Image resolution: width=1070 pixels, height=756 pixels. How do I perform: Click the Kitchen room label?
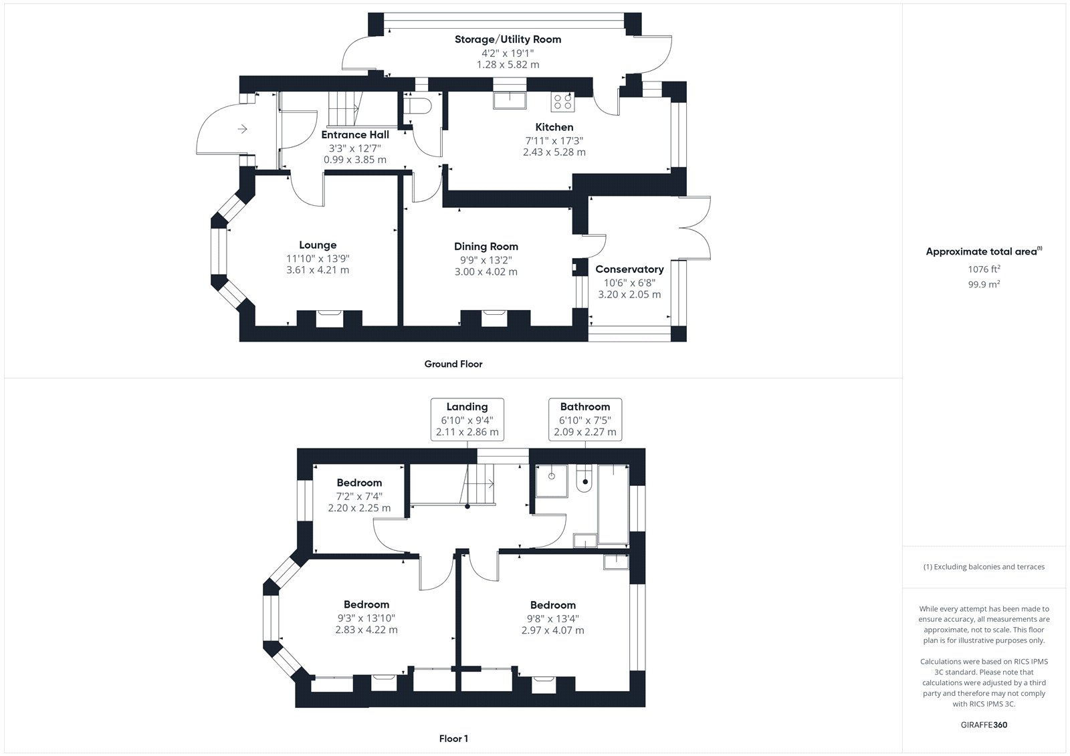[554, 127]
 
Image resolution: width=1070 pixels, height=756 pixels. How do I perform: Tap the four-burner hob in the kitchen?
[562, 102]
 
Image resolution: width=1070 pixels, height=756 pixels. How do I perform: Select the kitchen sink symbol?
[510, 100]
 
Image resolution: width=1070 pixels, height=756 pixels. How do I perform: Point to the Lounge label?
[318, 245]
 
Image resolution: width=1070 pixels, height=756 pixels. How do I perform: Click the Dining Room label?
[486, 247]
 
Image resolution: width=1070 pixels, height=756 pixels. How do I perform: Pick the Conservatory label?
[629, 269]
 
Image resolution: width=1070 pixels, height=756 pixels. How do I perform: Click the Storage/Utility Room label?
[508, 39]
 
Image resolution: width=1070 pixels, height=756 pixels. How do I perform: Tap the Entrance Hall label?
[355, 134]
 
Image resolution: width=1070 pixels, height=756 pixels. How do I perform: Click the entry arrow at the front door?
[242, 129]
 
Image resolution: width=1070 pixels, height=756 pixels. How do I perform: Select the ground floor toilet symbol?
[417, 106]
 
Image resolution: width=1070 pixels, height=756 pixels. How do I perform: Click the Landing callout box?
[467, 419]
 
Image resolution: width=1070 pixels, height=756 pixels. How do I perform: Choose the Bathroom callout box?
[585, 419]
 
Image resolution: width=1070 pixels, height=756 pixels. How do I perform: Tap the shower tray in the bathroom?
[551, 481]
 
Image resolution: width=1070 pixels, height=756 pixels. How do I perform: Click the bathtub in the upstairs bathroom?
[613, 504]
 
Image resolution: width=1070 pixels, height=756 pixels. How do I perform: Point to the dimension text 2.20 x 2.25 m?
[359, 508]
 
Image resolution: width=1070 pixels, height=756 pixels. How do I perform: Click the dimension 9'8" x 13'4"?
[552, 618]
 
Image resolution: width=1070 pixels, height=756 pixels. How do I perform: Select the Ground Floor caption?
[453, 364]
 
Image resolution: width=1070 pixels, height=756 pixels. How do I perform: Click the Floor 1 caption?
[453, 739]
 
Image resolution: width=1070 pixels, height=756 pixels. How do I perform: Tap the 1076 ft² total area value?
[984, 269]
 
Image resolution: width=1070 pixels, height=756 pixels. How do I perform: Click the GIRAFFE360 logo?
[984, 725]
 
